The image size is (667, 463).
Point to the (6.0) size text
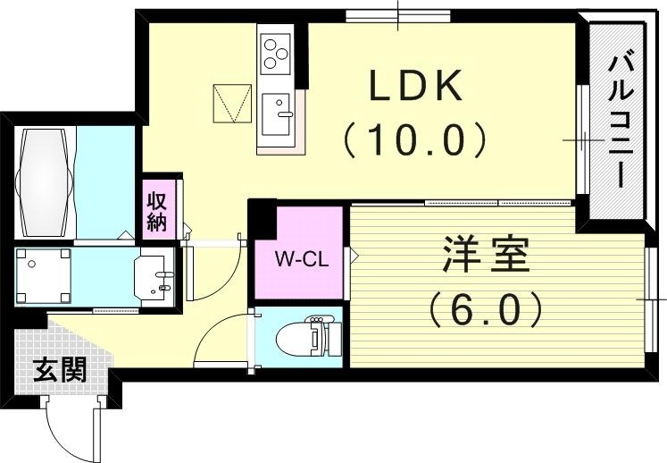point(486,309)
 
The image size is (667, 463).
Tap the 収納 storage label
point(157,209)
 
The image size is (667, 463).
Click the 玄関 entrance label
point(60,369)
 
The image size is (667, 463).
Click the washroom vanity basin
point(155,275)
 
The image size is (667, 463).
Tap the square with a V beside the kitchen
point(229,104)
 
